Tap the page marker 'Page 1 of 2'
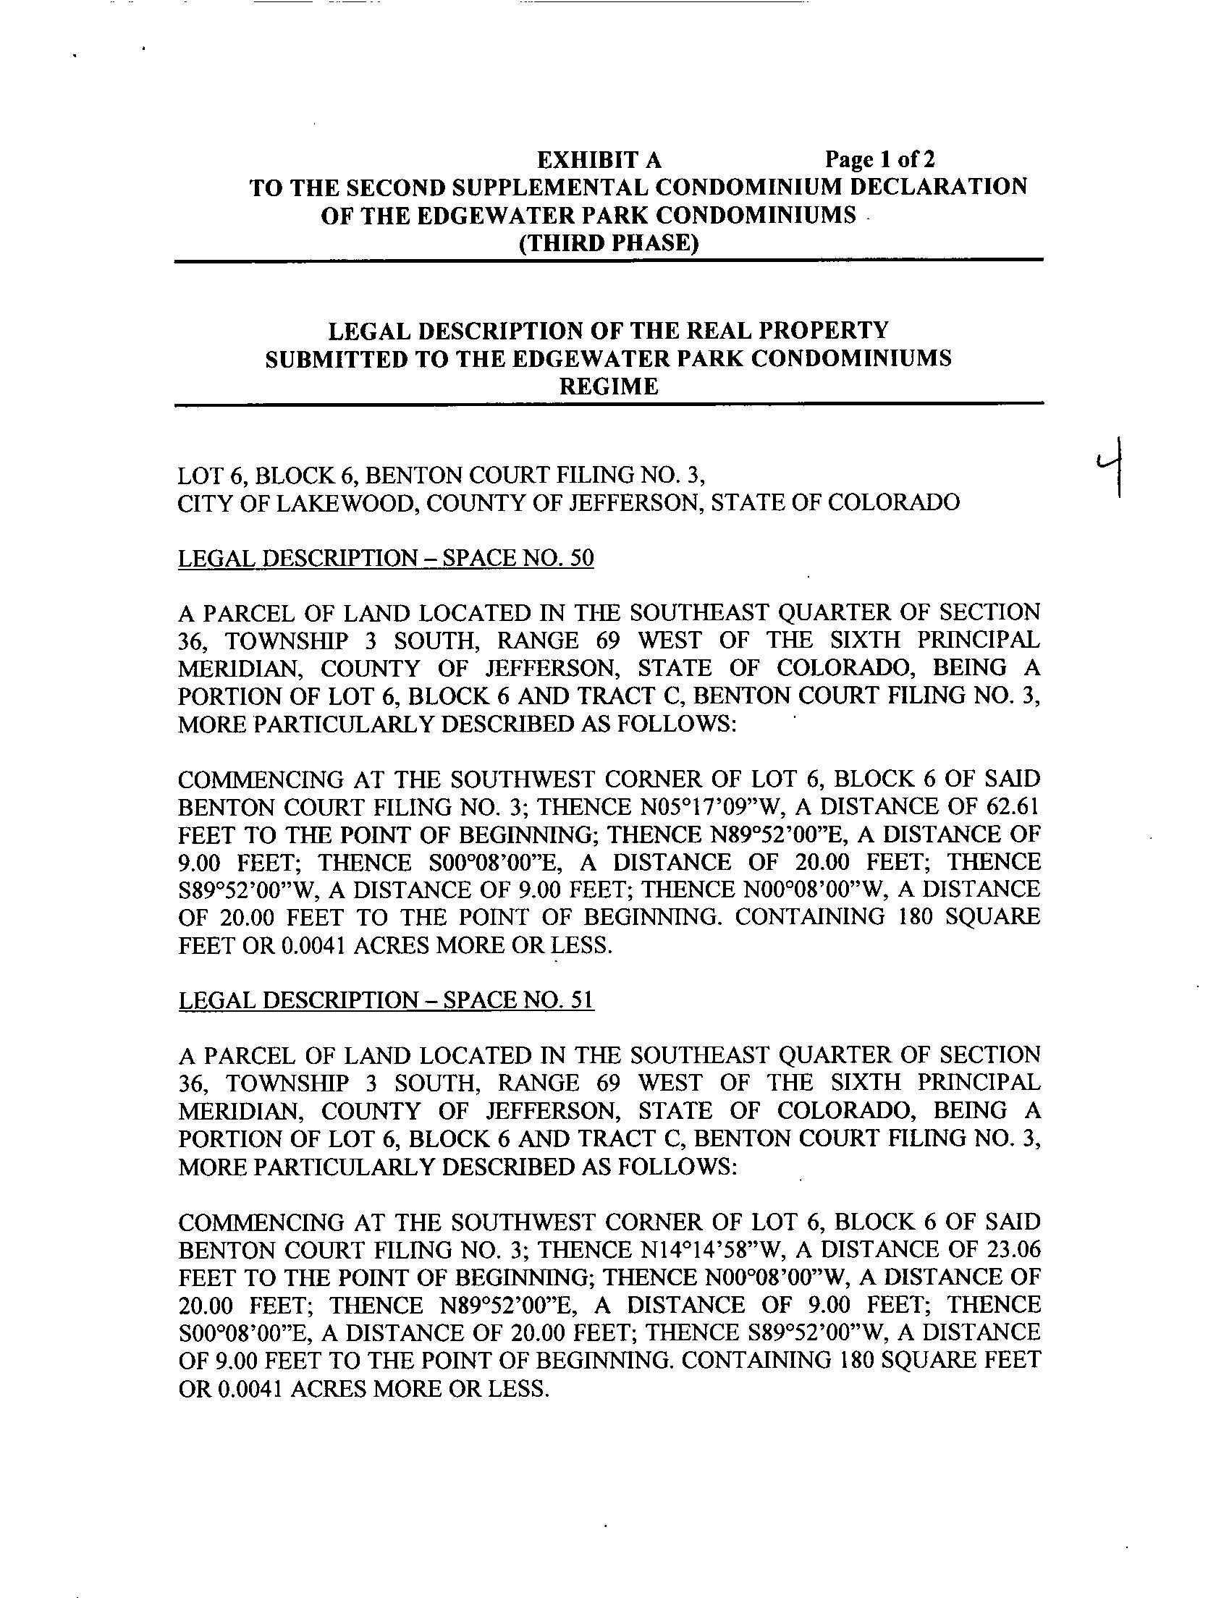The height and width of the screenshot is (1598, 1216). coord(880,159)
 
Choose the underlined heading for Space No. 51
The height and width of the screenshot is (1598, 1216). coord(386,1001)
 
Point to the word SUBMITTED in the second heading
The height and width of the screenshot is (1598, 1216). coord(334,359)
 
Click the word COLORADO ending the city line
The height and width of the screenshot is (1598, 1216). coord(893,502)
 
